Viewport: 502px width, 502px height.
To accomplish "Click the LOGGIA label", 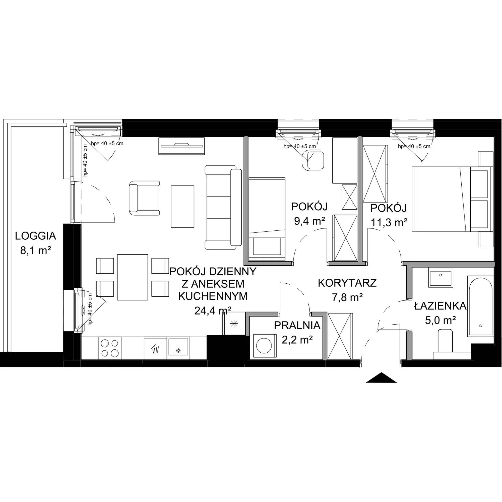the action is point(35,236).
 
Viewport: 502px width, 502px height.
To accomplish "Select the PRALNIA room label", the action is point(297,325).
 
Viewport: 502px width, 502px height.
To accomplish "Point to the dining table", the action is point(133,277).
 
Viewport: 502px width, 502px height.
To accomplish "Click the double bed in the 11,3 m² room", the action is point(452,199).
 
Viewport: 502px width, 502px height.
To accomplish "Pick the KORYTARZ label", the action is point(347,283).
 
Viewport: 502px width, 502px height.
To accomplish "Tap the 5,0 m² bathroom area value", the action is point(441,320).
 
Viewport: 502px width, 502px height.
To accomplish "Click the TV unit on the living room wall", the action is point(182,146).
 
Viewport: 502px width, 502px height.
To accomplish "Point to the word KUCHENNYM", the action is point(213,296).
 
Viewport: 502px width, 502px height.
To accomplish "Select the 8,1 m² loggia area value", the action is point(35,251).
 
